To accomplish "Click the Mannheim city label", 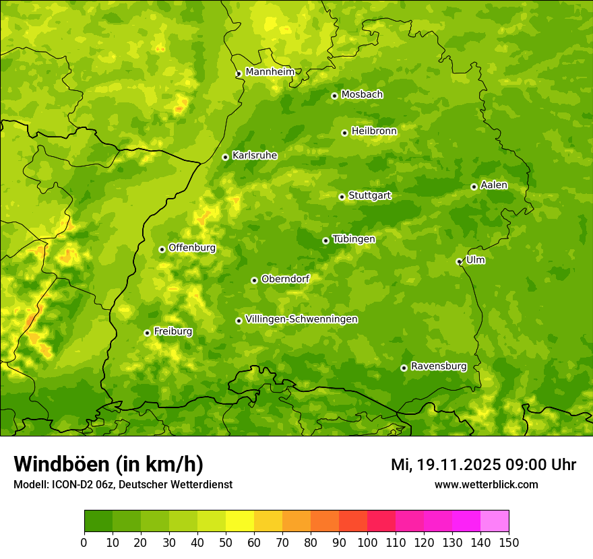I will pyautogui.click(x=270, y=72).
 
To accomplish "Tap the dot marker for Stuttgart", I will pyautogui.click(x=342, y=197).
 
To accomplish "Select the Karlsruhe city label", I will pyautogui.click(x=254, y=156).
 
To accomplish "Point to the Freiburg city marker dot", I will pyautogui.click(x=147, y=333).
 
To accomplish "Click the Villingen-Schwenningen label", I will pyautogui.click(x=301, y=319).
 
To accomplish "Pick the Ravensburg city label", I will pyautogui.click(x=438, y=366).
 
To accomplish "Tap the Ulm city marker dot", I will pyautogui.click(x=459, y=261).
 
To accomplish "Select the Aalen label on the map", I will pyautogui.click(x=493, y=185).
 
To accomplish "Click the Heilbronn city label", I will pyautogui.click(x=374, y=131).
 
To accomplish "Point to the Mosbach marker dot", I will pyautogui.click(x=334, y=96).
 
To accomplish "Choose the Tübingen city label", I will pyautogui.click(x=354, y=239).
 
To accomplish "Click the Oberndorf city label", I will pyautogui.click(x=285, y=279).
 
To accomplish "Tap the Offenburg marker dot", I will pyautogui.click(x=162, y=249).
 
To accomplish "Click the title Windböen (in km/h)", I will pyautogui.click(x=108, y=464).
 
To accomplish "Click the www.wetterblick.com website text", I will pyautogui.click(x=486, y=484).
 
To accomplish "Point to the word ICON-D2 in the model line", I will pyautogui.click(x=69, y=485).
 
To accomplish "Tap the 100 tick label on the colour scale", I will pyautogui.click(x=367, y=542).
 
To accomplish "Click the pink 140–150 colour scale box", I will pyautogui.click(x=494, y=521).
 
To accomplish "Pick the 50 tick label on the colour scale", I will pyautogui.click(x=225, y=542).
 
